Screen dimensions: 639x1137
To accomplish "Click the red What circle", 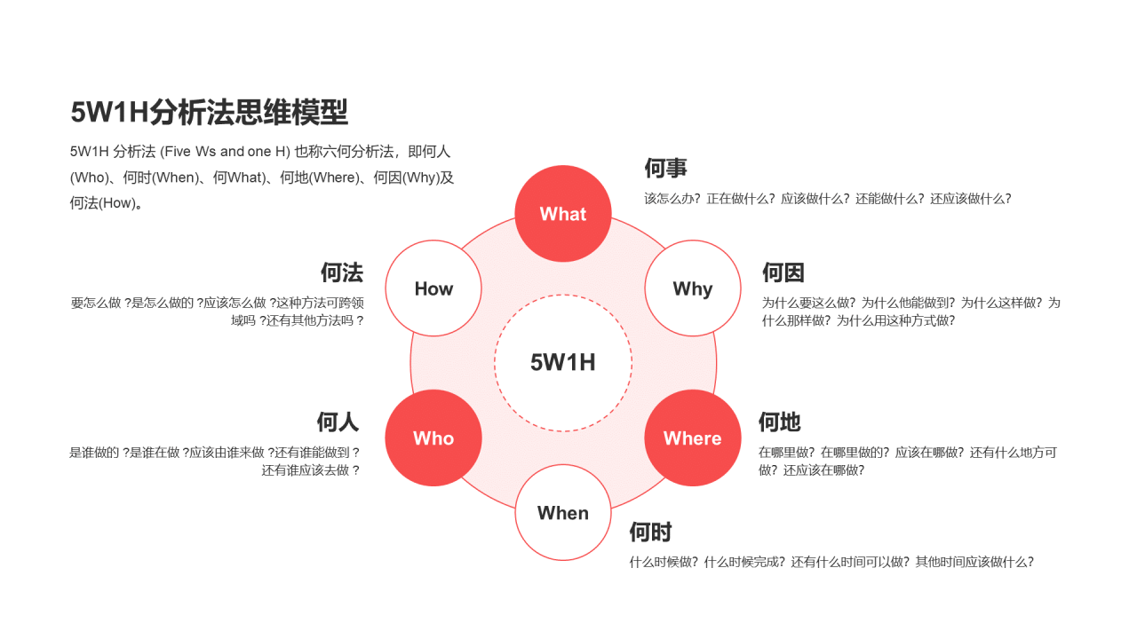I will (563, 214).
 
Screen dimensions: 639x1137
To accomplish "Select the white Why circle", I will (692, 288).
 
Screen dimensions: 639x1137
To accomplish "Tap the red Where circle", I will (692, 438).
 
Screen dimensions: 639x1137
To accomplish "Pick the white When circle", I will (563, 513).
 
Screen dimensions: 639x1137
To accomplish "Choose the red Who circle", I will (433, 438).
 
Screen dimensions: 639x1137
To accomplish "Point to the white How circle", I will (433, 288).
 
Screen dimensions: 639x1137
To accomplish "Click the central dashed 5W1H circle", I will (563, 363).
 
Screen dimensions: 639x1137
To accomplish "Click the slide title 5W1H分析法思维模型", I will (210, 113).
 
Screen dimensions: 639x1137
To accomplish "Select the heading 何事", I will (665, 169).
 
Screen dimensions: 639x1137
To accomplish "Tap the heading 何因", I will (783, 272).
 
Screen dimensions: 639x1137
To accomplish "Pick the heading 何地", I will (779, 422).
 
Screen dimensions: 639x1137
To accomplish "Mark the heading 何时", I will (650, 532).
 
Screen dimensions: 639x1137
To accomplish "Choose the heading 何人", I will (338, 422).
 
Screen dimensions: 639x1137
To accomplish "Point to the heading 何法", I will (342, 272).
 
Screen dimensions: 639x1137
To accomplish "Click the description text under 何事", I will (827, 199).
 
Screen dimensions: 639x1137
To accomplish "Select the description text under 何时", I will (831, 562).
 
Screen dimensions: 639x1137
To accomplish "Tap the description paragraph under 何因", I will (910, 312).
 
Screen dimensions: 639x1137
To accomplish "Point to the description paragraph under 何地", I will (907, 461).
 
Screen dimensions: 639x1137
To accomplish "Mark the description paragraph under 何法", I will (218, 312).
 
